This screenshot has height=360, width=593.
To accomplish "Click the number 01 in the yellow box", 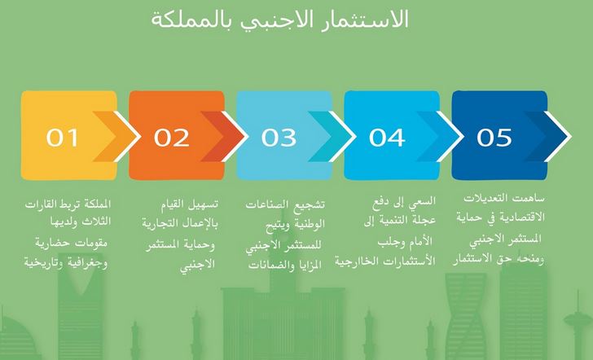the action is click(x=63, y=138).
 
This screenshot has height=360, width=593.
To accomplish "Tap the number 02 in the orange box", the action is click(x=171, y=138).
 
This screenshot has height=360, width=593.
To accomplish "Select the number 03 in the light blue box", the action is click(x=279, y=138).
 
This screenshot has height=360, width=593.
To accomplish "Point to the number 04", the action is click(x=387, y=138).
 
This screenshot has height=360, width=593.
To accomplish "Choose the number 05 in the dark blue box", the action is click(x=494, y=138).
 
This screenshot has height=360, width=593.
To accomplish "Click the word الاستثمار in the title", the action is click(x=365, y=20).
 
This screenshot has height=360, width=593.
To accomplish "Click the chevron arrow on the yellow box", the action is click(x=116, y=136).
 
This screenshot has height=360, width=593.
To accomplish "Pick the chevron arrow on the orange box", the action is click(x=224, y=136).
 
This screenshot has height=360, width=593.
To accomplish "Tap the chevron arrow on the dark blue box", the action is click(x=547, y=136).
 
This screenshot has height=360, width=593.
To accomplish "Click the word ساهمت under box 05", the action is click(x=530, y=198).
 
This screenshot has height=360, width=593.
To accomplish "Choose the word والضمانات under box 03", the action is click(x=265, y=265).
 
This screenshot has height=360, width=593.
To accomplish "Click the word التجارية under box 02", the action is click(x=160, y=223).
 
